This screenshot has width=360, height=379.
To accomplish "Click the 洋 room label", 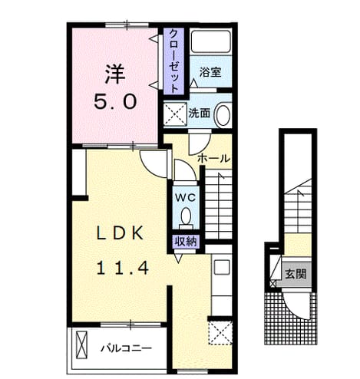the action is click(115, 74).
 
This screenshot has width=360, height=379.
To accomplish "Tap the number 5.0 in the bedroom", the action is click(115, 101).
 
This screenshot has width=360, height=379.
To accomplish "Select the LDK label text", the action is click(119, 233).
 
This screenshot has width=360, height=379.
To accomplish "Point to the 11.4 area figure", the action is click(122, 269).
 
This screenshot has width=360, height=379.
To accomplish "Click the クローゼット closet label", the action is click(174, 61).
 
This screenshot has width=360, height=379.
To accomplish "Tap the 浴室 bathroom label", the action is click(210, 72).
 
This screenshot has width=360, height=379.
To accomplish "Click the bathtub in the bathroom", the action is click(211, 41).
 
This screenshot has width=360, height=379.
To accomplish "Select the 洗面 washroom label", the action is click(200, 114).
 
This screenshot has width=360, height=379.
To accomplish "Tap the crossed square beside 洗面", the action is click(175, 114).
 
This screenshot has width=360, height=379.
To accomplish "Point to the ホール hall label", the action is click(214, 159).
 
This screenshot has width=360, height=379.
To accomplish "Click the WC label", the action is click(185, 197).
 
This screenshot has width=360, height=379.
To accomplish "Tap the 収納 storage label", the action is click(186, 242).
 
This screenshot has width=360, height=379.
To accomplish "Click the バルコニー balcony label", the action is click(126, 348).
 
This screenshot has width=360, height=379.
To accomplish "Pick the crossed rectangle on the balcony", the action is click(82, 345).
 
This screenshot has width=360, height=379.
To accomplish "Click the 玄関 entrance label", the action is click(296, 274).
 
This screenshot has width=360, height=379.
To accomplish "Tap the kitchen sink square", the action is click(222, 267).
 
